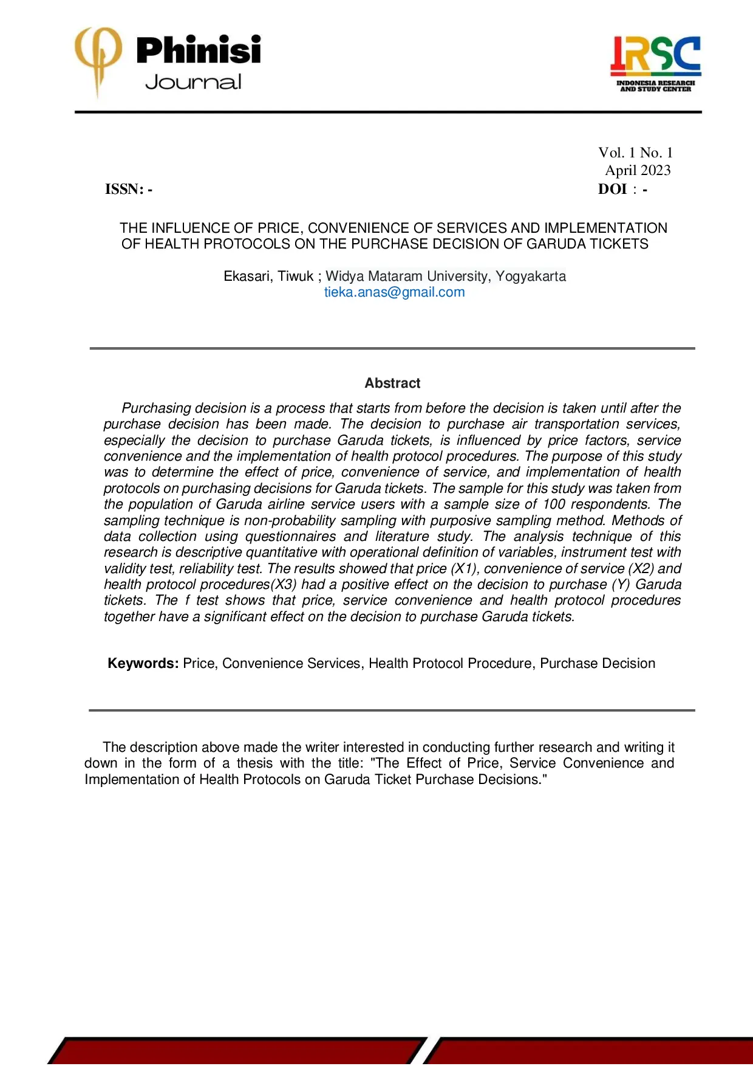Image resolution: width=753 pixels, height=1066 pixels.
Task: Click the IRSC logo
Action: click(655, 63)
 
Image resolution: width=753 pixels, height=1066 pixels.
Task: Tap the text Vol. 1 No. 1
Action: click(635, 153)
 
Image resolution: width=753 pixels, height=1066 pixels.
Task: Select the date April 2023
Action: click(638, 171)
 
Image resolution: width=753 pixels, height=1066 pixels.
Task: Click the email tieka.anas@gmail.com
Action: click(394, 292)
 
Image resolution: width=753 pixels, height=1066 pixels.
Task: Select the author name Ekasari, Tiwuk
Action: click(268, 277)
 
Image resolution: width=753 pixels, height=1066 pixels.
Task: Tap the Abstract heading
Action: click(392, 383)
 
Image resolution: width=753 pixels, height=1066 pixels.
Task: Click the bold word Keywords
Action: click(143, 664)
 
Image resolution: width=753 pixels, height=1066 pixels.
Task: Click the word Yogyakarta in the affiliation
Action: click(531, 277)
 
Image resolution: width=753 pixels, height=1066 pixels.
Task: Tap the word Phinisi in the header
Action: click(199, 50)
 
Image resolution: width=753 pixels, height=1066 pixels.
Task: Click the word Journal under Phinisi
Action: click(193, 83)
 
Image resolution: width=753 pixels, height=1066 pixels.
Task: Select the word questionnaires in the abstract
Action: click(290, 537)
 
